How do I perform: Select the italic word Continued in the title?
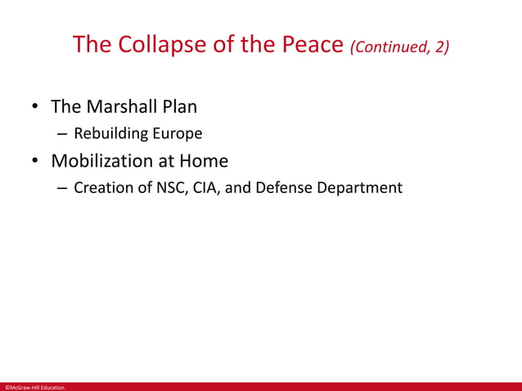point(391,47)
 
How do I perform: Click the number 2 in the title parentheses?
point(440,47)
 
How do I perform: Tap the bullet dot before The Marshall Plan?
point(36,108)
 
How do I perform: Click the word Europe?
point(176,133)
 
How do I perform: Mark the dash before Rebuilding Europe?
point(62,133)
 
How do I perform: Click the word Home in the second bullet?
point(205,160)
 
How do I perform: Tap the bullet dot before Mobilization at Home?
point(36,161)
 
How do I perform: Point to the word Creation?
point(102,187)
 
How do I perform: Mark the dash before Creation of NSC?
point(62,187)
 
